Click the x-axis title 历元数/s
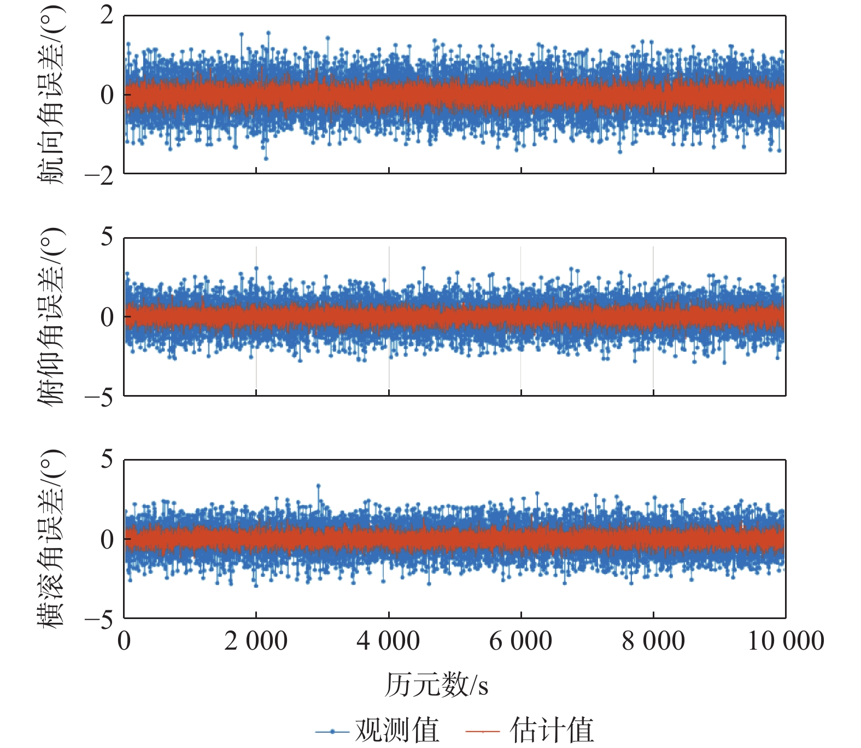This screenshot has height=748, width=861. [x=436, y=685]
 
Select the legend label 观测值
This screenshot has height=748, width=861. [x=397, y=730]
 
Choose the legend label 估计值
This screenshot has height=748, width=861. [x=552, y=730]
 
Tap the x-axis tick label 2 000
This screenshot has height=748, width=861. [x=256, y=641]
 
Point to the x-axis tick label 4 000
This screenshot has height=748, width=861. [x=388, y=641]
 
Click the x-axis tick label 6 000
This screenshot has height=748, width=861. [x=520, y=641]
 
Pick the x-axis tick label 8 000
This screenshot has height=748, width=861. [x=653, y=641]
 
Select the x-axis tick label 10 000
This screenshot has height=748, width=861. [x=786, y=641]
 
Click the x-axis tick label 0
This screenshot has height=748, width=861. [x=124, y=641]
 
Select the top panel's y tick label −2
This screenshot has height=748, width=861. [x=99, y=176]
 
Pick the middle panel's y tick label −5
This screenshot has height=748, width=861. [x=99, y=398]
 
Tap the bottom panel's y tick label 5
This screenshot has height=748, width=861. [x=107, y=460]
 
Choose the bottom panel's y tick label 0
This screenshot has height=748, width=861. [x=107, y=539]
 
